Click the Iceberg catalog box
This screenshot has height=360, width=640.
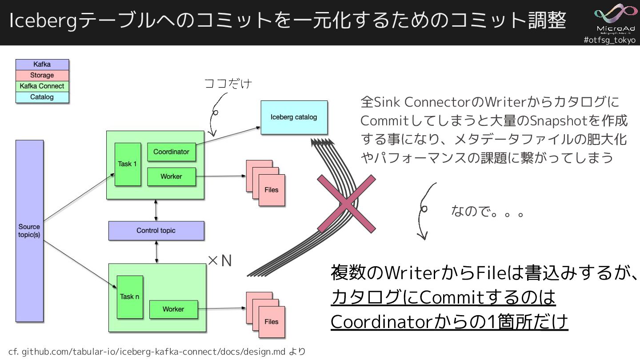pos(294,117)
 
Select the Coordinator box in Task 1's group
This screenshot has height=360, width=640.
pos(171,152)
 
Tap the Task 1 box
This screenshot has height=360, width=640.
pos(128,164)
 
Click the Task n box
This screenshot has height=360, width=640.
pos(130,297)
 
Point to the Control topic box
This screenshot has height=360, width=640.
pos(156,231)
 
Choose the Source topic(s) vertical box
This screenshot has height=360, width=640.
pos(29,231)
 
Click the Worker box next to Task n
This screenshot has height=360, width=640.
pos(173,309)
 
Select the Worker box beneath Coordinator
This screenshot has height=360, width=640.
pos(171,176)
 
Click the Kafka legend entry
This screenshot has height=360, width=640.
pos(42,64)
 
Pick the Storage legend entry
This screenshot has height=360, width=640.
pos(42,76)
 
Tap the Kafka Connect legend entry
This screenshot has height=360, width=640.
pos(42,86)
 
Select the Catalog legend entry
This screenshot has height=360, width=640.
pos(42,97)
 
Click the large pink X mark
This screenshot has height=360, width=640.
pos(346,204)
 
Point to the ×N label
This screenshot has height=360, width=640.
pos(220,261)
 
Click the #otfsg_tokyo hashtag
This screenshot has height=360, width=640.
pos(609,40)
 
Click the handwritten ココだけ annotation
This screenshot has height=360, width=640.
pos(228,84)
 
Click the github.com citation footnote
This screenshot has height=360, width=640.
pos(157,352)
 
